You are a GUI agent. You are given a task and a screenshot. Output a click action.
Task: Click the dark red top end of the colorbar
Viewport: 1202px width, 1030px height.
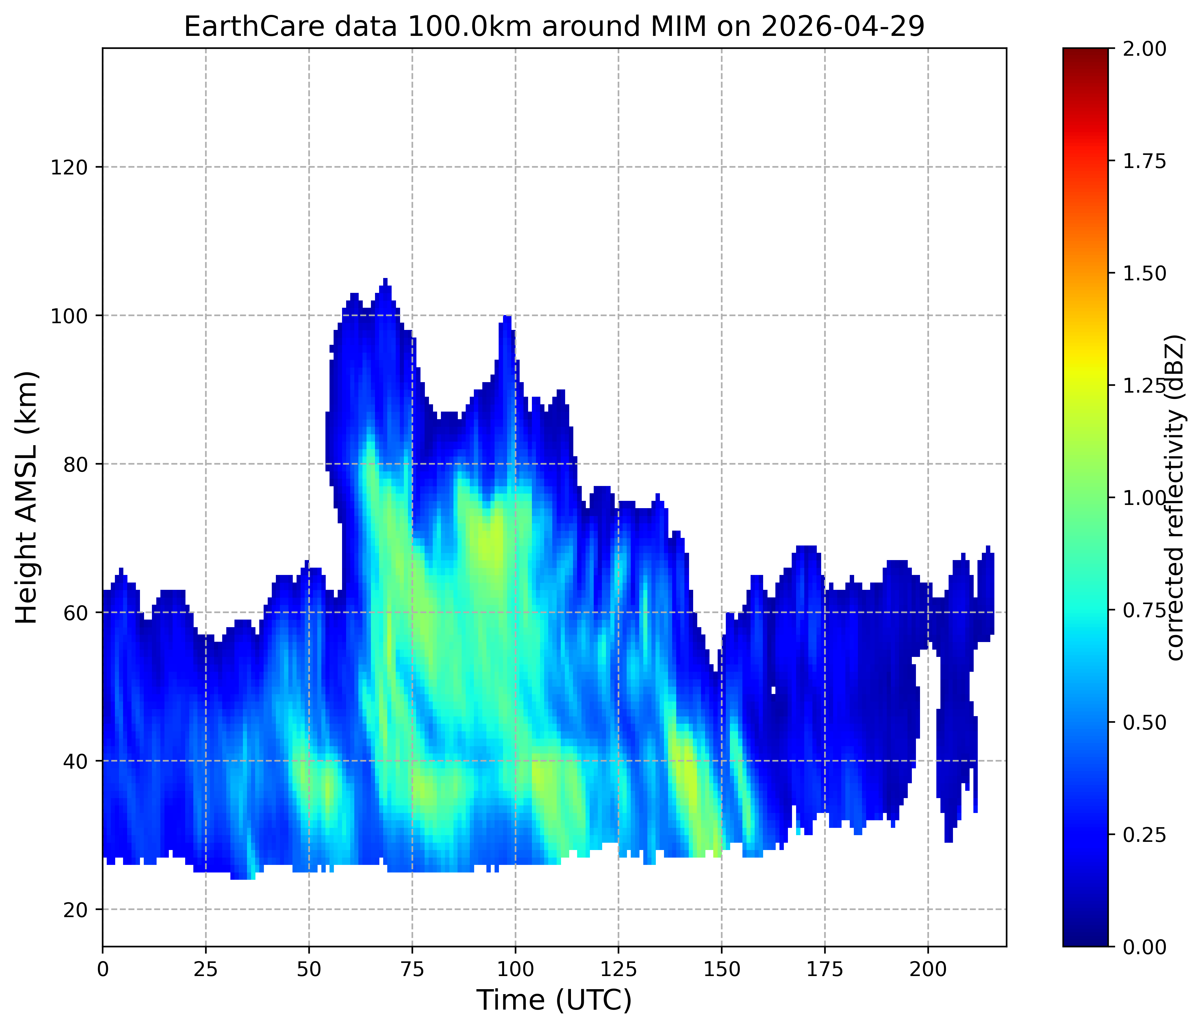click(1085, 52)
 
